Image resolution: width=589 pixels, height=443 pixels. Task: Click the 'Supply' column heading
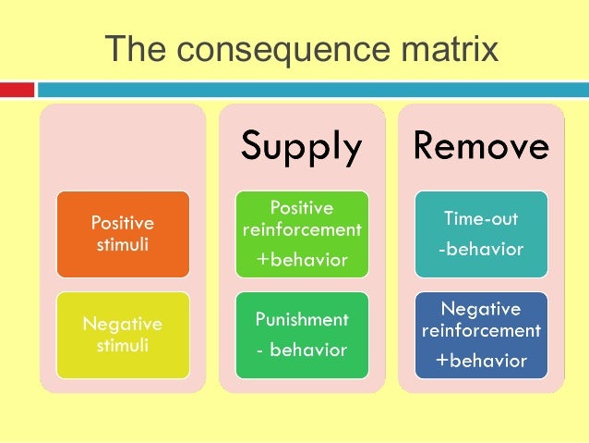coord(302,146)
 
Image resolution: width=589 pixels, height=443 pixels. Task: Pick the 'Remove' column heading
coord(480,146)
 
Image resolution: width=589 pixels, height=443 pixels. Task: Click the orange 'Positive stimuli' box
coord(123,234)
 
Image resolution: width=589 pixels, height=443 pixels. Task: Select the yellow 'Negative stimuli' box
coord(123,335)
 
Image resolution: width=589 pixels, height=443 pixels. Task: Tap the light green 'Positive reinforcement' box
coord(302,234)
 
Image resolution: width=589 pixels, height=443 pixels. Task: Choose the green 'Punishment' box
coord(302,335)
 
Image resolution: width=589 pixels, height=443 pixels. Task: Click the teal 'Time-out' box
coord(480,234)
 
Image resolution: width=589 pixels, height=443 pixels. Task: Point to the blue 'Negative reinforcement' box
coord(480,335)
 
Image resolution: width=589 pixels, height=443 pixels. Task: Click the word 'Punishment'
coord(302,320)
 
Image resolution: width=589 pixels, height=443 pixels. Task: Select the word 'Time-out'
coord(480,219)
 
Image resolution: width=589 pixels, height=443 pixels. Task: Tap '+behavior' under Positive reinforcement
coord(302,260)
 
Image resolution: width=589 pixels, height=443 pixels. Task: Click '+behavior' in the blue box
coord(480,360)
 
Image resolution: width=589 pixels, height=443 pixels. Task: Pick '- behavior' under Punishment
coord(302,350)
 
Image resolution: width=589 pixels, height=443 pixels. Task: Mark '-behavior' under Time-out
coord(480,249)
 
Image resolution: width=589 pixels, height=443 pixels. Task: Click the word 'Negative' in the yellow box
coord(123,325)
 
